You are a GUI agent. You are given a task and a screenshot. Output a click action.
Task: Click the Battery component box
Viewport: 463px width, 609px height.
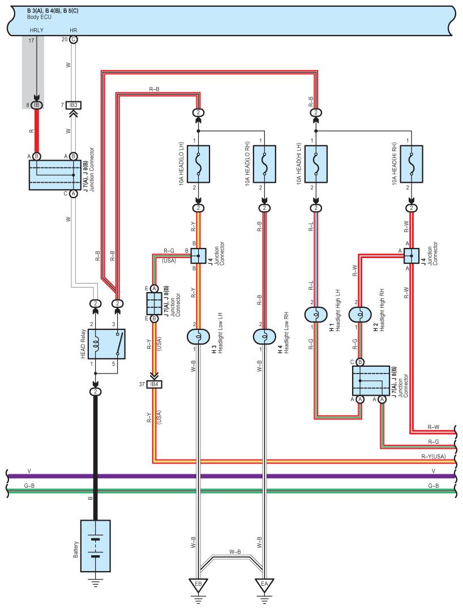[x=96, y=546]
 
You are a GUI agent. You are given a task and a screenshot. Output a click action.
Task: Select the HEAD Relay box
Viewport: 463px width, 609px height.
[x=106, y=344]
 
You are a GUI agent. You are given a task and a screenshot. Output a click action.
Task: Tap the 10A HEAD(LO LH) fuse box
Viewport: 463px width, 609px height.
[x=199, y=164]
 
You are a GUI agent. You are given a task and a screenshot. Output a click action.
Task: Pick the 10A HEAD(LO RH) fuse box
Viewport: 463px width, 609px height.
[x=264, y=164]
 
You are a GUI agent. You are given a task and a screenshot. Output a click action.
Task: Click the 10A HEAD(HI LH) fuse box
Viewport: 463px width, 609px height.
[x=316, y=164]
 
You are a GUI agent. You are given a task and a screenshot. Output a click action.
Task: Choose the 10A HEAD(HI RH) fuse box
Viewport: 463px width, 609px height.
[x=411, y=164]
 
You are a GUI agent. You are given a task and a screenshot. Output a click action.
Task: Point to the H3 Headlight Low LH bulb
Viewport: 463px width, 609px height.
[x=199, y=336]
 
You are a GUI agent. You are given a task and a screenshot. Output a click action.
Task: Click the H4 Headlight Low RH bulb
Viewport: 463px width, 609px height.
[x=264, y=336]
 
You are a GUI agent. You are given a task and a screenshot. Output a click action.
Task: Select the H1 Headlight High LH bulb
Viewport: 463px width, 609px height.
[x=316, y=315]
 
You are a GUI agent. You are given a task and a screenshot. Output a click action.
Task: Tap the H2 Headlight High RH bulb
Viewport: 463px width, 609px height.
[x=360, y=315]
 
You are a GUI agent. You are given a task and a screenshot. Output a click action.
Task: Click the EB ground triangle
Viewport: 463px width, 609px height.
[x=199, y=585]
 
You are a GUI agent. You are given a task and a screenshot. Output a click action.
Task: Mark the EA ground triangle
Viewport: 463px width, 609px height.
[x=264, y=585]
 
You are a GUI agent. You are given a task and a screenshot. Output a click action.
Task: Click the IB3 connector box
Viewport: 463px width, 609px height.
[x=74, y=105]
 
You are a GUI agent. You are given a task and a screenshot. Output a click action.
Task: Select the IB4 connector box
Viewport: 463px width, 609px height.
[x=154, y=384]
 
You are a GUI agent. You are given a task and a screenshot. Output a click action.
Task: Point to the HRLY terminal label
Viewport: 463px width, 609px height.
[x=37, y=31]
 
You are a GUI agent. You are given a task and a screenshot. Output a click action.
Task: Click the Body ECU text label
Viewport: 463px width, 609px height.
[x=39, y=17]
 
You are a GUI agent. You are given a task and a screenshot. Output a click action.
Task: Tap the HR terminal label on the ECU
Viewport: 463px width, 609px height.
[x=74, y=31]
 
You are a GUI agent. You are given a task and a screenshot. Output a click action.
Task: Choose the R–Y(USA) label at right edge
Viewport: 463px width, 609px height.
[x=434, y=456]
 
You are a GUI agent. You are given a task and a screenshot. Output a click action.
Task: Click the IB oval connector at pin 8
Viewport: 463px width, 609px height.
[x=37, y=105]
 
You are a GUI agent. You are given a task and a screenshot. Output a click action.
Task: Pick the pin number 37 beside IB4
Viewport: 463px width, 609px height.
[x=142, y=384]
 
